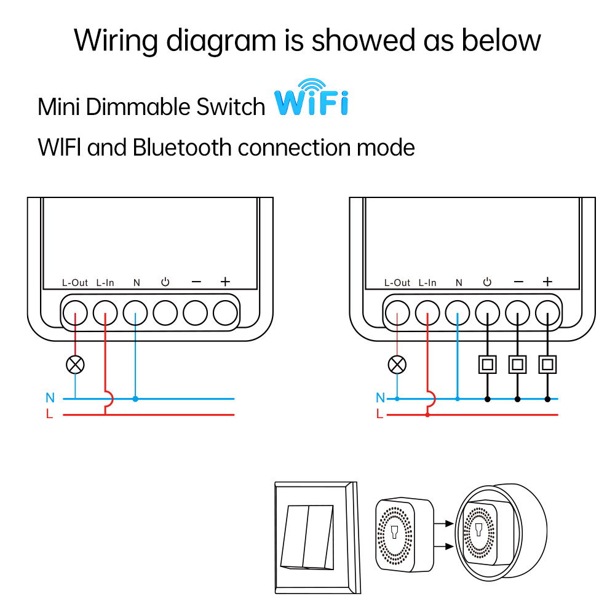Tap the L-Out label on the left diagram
(75, 283)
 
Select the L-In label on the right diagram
(427, 283)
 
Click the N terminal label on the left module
(137, 283)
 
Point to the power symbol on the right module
(487, 282)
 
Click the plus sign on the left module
(225, 282)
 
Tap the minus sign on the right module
(518, 282)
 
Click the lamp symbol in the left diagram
(75, 364)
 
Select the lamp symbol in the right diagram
(397, 364)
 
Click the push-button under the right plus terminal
(547, 364)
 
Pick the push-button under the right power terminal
(487, 364)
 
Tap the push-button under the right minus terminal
(518, 364)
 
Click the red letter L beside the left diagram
(50, 415)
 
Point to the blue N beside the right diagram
(379, 398)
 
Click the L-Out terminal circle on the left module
(75, 313)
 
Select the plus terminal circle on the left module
(225, 313)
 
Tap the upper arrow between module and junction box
(443, 525)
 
